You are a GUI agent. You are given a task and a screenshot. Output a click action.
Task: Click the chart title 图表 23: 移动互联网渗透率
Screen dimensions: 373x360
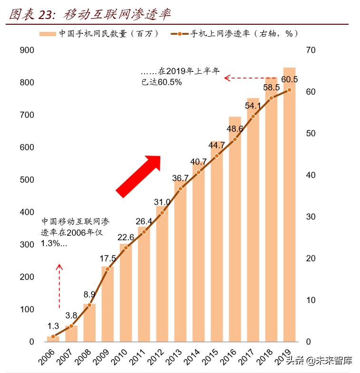[x=90, y=14]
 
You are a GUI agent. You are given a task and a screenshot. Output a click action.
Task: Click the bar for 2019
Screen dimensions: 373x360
[x=289, y=205]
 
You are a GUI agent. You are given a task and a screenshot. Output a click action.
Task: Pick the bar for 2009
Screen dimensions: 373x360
[x=107, y=304]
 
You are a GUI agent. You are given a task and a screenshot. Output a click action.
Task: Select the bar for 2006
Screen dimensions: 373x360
[x=53, y=339]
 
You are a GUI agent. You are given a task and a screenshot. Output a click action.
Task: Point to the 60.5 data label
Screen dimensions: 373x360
[x=289, y=79]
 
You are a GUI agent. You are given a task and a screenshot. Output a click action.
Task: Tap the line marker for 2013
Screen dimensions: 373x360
[x=180, y=189]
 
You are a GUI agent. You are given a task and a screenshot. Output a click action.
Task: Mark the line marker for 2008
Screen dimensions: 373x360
[x=89, y=305]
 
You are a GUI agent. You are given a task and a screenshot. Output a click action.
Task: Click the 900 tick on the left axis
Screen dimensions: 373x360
[x=28, y=50]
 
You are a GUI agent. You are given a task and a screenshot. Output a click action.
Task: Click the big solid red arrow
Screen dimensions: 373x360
[x=139, y=176]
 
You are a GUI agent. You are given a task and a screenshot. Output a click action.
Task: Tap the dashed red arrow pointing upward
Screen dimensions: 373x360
[x=59, y=285]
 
